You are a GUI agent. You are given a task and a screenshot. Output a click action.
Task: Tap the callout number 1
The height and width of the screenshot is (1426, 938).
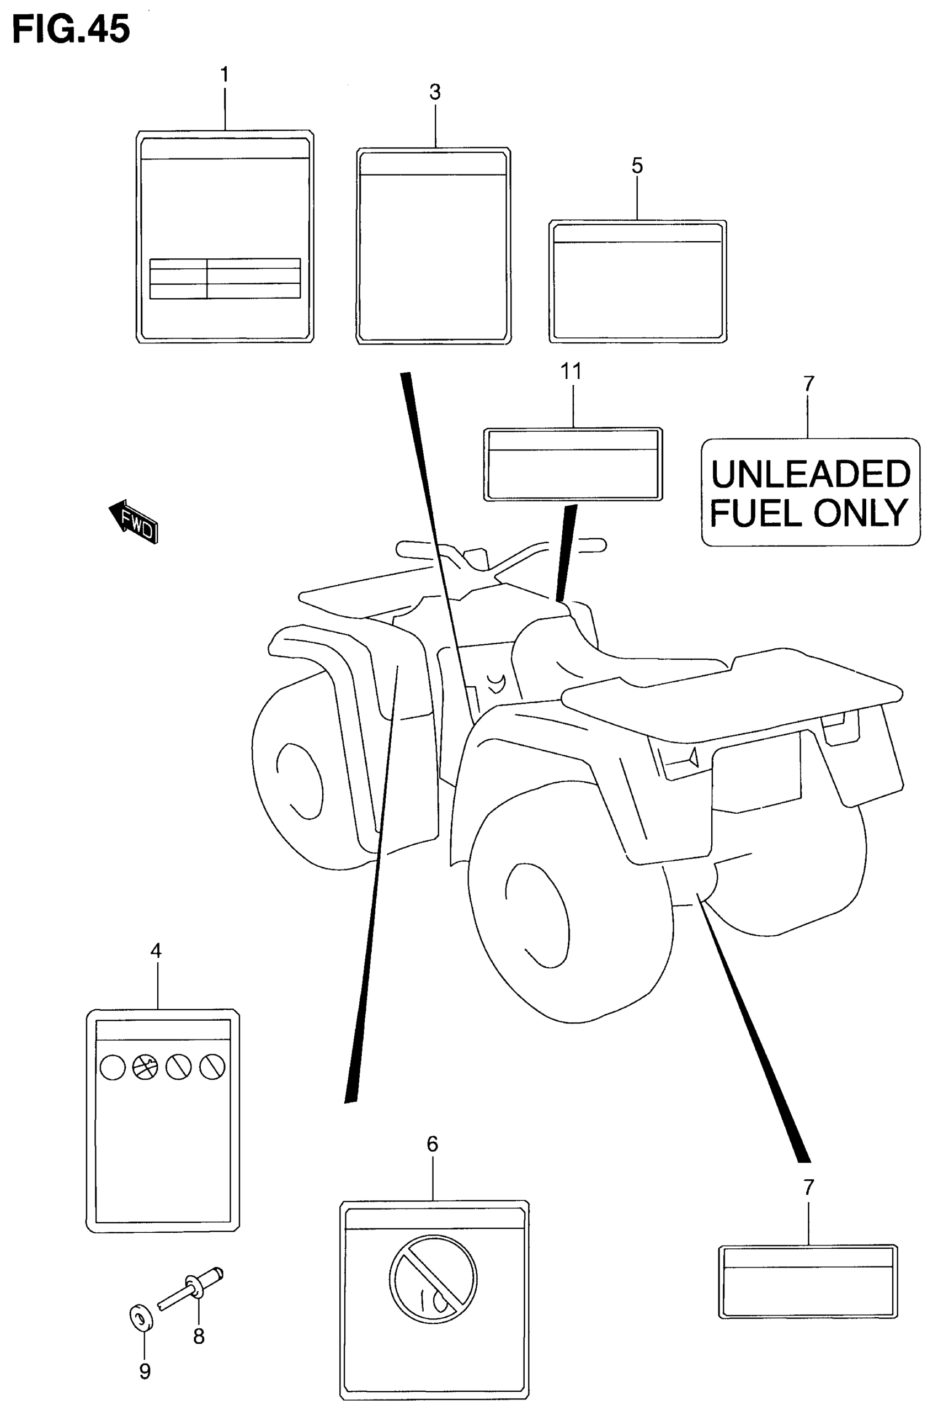click(225, 75)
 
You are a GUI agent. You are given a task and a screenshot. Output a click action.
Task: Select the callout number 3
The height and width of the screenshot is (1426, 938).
click(435, 92)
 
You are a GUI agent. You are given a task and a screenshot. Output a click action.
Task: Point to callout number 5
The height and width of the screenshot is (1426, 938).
click(637, 166)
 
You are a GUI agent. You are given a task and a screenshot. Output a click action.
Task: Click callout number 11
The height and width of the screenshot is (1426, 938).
click(571, 372)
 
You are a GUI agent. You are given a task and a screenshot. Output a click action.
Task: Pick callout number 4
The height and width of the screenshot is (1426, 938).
click(156, 950)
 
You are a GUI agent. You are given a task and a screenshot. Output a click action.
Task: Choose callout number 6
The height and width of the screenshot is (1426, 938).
click(433, 1144)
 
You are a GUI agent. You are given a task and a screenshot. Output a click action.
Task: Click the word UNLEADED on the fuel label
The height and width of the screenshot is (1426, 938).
click(811, 475)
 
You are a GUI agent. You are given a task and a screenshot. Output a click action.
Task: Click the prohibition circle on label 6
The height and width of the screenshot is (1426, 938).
click(433, 1279)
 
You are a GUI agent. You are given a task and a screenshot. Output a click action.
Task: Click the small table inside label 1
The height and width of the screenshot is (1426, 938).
click(225, 278)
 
